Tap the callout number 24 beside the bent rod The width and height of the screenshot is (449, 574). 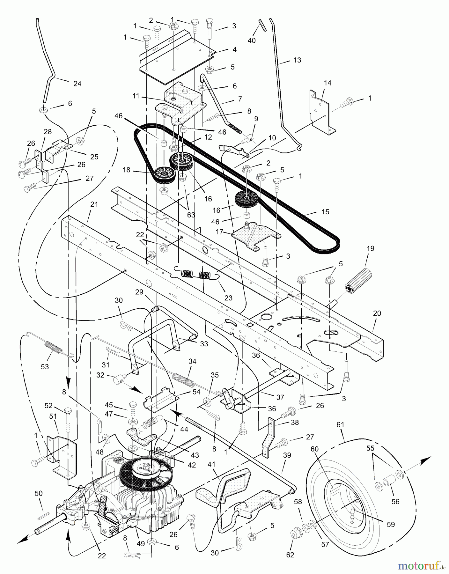(77, 84)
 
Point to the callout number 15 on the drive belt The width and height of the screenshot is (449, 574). (325, 212)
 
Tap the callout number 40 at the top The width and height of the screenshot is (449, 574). (252, 40)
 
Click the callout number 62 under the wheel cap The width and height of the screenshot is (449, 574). (290, 555)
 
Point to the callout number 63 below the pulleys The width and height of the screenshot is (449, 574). (191, 215)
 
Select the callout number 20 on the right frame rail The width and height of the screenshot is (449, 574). (377, 313)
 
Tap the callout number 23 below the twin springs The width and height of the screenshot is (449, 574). (228, 298)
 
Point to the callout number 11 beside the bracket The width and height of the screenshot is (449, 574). (136, 96)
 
